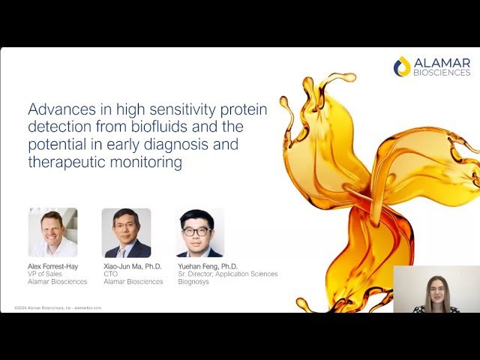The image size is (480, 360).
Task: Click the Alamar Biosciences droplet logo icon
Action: point(402,66)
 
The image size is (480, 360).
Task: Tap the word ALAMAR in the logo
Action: point(442,62)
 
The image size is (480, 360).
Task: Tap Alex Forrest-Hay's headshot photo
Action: point(52,232)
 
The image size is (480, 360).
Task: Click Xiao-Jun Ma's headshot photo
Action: point(126,232)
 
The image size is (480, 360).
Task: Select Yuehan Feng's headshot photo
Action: point(199,232)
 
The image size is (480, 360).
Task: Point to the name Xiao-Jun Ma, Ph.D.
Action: point(132,266)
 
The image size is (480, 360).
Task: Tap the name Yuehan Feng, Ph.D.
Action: point(208,266)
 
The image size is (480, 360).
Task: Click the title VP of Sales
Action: point(44,274)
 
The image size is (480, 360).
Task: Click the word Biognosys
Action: point(195,282)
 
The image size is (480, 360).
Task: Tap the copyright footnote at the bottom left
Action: point(58,307)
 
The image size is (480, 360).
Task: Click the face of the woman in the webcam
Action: point(436,289)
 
